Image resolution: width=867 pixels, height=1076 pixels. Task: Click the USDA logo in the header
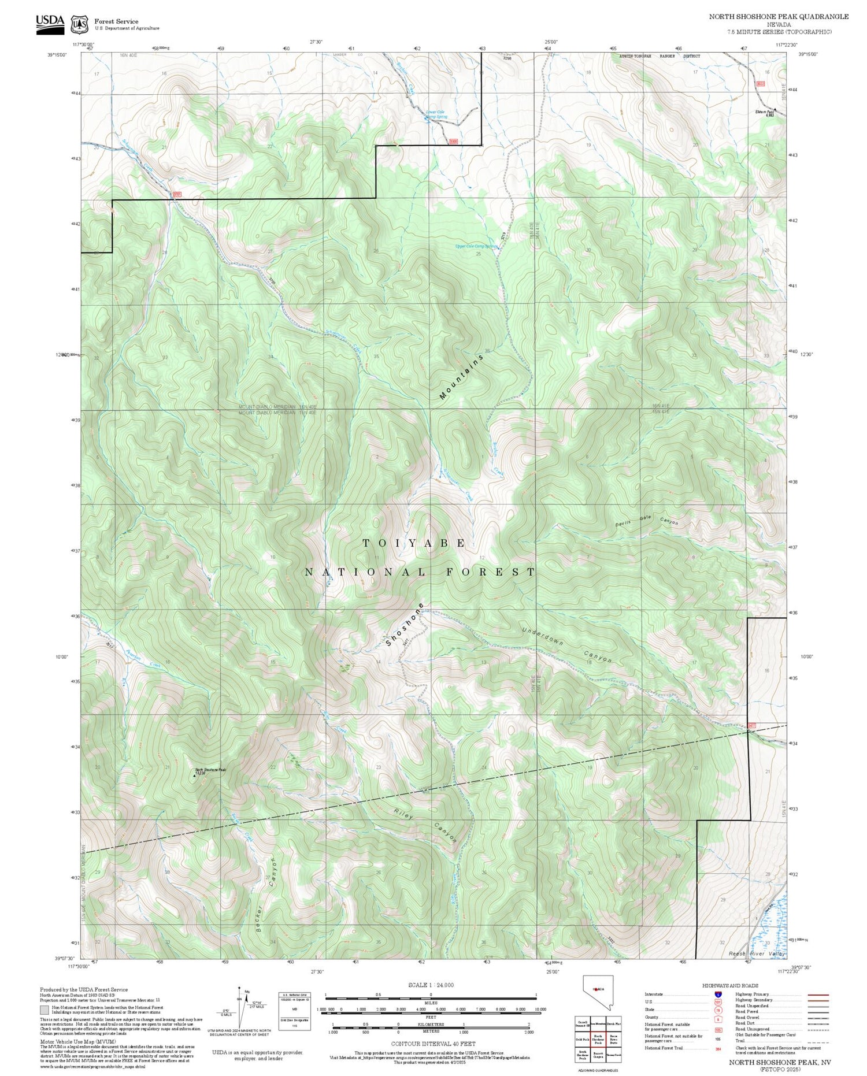(50, 23)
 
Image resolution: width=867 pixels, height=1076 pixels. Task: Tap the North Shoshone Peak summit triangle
(194, 776)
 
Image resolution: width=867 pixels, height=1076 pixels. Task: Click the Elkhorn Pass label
(765, 113)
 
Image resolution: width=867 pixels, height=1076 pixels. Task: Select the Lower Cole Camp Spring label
(436, 114)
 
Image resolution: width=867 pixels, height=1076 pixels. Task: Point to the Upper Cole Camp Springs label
(476, 246)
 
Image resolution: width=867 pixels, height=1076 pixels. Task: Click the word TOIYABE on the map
(414, 543)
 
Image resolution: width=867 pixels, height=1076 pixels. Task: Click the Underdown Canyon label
(566, 643)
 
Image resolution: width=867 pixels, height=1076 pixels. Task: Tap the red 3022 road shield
(761, 84)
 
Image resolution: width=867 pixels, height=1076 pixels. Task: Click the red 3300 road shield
(454, 142)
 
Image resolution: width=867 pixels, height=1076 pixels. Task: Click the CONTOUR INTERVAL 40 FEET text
(433, 1044)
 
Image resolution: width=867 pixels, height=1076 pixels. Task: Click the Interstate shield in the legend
(718, 995)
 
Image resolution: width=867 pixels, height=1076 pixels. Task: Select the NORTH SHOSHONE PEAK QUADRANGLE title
(779, 17)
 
